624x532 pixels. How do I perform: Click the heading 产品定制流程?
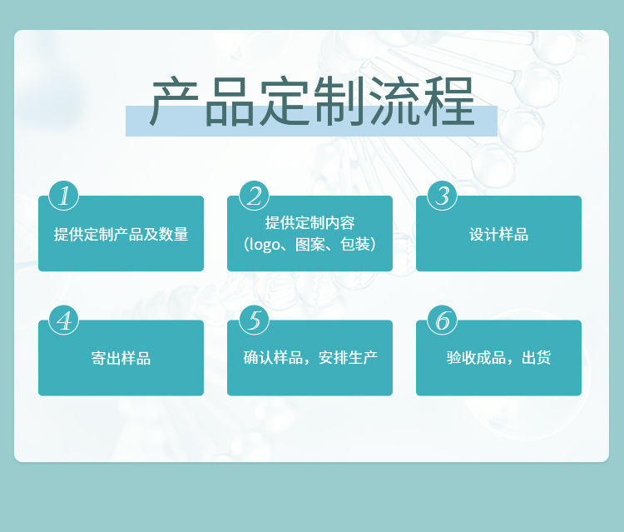(311, 103)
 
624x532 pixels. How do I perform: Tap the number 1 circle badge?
(64, 196)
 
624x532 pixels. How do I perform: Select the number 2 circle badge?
(254, 196)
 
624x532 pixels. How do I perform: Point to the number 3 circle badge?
(443, 196)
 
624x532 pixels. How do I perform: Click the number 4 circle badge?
(64, 320)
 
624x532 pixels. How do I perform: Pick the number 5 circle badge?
(254, 320)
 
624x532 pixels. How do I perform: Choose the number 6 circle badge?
(443, 320)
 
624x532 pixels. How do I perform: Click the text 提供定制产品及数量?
(121, 234)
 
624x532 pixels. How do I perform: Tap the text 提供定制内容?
(310, 223)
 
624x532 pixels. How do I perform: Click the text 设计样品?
(498, 234)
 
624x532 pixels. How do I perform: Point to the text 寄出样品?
(121, 359)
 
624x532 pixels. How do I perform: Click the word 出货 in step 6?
(536, 359)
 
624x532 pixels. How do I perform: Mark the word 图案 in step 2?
(310, 245)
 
